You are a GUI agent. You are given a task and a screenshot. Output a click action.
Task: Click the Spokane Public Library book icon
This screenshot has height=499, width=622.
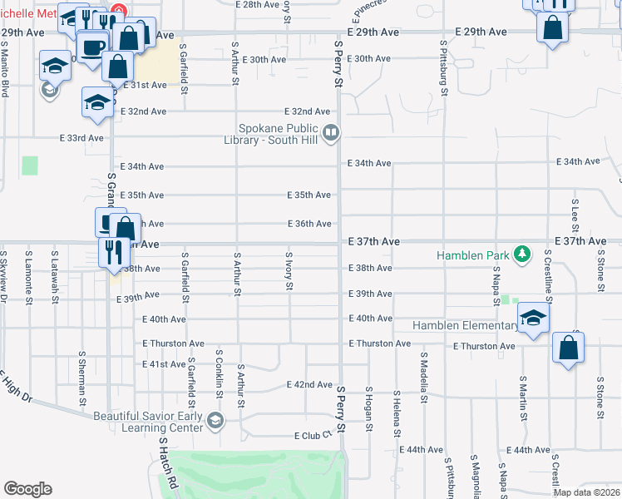pyautogui.click(x=331, y=131)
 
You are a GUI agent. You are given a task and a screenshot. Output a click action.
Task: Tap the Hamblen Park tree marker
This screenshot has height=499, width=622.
pyautogui.click(x=522, y=253)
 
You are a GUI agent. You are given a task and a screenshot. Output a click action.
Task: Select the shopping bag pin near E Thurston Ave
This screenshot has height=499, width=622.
pyautogui.click(x=568, y=348)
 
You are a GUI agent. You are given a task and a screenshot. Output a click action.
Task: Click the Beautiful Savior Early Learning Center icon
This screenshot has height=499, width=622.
pyautogui.click(x=216, y=421)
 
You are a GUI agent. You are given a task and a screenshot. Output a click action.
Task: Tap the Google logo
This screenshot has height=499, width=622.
pyautogui.click(x=27, y=489)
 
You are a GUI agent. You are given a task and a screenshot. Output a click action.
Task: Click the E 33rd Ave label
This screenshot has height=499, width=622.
pyautogui.click(x=81, y=138)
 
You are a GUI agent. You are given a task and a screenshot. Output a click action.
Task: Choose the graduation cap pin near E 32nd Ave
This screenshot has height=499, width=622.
pyautogui.click(x=97, y=102)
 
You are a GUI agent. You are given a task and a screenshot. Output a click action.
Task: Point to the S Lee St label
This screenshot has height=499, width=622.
pyautogui.click(x=575, y=215)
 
